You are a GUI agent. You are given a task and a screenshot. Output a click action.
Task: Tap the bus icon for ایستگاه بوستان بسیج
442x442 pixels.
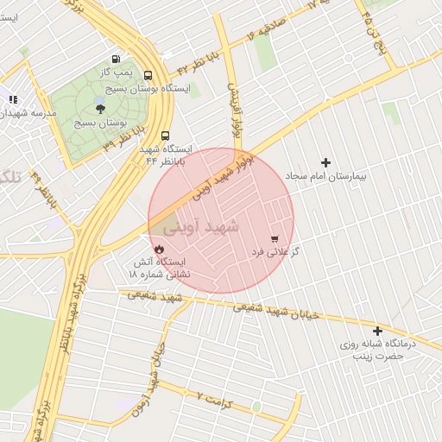[x=148, y=75]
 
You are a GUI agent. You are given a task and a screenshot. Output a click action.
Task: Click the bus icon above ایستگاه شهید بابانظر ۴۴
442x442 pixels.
[x=165, y=135]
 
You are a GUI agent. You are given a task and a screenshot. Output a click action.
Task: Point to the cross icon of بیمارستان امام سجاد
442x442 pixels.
[x=325, y=162]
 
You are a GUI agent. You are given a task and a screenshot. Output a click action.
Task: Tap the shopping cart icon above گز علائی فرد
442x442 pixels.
[x=275, y=238]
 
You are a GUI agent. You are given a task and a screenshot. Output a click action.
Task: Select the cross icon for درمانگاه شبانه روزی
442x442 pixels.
[x=376, y=331]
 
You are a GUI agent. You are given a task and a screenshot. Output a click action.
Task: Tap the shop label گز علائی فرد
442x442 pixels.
[x=274, y=251]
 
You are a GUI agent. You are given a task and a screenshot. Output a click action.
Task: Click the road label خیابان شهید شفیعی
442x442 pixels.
[x=277, y=309]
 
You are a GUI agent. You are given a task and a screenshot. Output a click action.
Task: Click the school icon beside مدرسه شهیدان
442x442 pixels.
[x=13, y=99]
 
